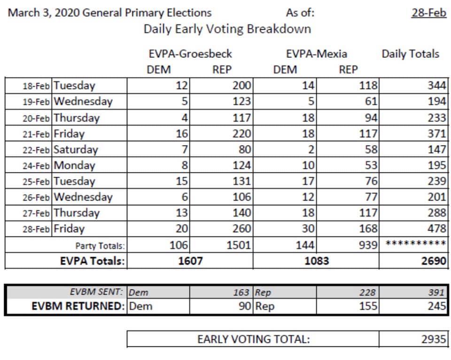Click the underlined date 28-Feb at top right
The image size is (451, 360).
point(429,13)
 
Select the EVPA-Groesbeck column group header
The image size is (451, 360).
point(190,54)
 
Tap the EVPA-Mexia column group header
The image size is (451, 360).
point(316,54)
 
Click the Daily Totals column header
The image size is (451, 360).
point(411,54)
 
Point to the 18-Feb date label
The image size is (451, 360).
point(36,86)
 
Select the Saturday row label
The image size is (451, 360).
point(76,149)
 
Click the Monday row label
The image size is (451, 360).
point(75,165)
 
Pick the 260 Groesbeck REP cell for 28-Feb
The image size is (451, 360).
point(241,228)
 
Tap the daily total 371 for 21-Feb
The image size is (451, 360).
point(437,133)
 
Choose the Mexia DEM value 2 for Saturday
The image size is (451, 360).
point(311,149)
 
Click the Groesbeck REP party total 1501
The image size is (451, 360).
point(239,245)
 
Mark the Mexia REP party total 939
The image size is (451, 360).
point(368,245)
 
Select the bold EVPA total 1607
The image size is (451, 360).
point(190,261)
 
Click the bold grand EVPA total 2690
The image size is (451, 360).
point(434,261)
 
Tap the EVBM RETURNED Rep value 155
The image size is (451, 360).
point(368,306)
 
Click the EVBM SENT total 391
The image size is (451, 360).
point(436,292)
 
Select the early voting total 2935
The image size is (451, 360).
point(434,339)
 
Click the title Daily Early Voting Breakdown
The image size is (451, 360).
point(227,29)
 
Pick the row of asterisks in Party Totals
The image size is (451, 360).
point(416,243)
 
